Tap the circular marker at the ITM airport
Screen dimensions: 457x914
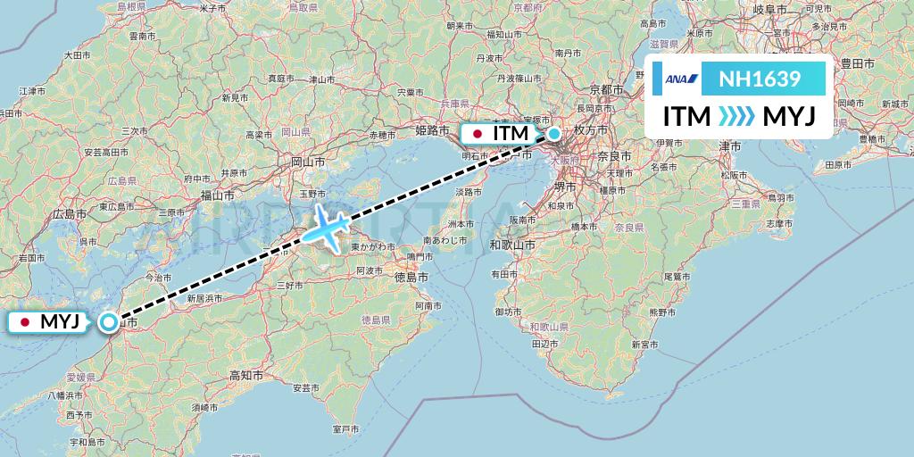[x=554, y=134]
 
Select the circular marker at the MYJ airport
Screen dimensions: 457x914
[x=108, y=322]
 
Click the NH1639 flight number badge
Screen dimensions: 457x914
[x=760, y=79]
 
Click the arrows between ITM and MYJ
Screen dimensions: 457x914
[x=735, y=117]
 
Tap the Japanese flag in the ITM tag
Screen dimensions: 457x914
[x=478, y=134]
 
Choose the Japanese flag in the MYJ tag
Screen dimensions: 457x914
[x=26, y=322]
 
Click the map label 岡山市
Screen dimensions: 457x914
[x=308, y=162]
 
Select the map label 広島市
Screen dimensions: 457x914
[x=70, y=214]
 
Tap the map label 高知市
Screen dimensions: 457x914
[x=245, y=374]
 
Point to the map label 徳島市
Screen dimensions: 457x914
[x=411, y=278]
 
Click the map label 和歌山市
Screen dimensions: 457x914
[x=511, y=243]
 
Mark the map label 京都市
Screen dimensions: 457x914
[x=606, y=89]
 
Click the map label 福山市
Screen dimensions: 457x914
[x=218, y=194]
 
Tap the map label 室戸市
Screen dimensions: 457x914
[x=345, y=428]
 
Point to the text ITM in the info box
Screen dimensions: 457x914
[x=687, y=117]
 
